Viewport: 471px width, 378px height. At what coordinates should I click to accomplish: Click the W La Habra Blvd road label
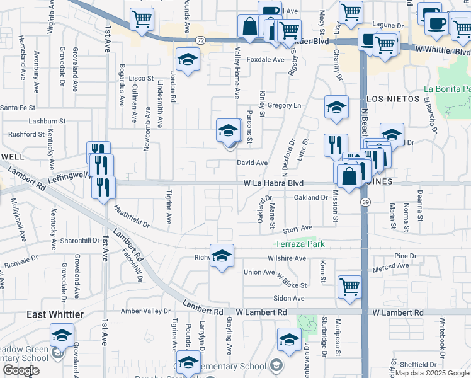pyautogui.click(x=275, y=183)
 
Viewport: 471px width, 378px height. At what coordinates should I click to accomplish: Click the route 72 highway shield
pyautogui.click(x=200, y=39)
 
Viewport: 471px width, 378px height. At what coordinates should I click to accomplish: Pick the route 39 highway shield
pyautogui.click(x=365, y=202)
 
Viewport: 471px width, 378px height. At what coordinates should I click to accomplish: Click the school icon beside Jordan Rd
pyautogui.click(x=187, y=60)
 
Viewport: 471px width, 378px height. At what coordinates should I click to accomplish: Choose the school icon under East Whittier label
pyautogui.click(x=62, y=335)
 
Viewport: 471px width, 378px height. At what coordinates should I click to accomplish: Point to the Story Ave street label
pyautogui.click(x=297, y=229)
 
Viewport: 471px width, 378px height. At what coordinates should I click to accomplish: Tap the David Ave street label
pyautogui.click(x=253, y=163)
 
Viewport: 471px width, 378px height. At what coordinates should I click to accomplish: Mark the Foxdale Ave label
pyautogui.click(x=265, y=60)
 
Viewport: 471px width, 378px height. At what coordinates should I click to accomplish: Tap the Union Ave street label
pyautogui.click(x=259, y=272)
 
